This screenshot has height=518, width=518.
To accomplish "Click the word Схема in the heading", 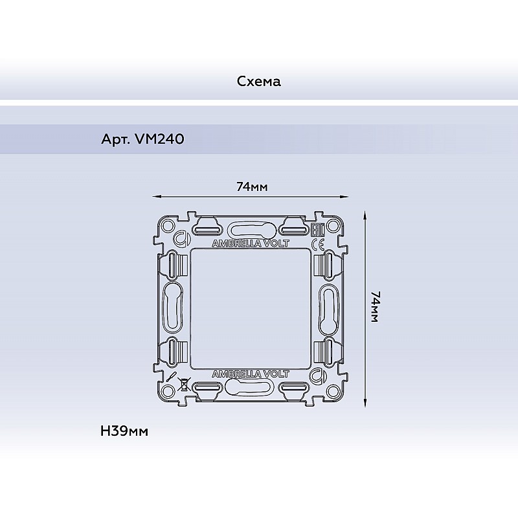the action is click(x=258, y=82).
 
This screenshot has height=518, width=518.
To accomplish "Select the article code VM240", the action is click(x=159, y=139).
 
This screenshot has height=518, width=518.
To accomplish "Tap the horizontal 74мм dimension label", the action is click(x=252, y=187).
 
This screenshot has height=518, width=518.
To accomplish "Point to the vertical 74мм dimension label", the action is click(x=376, y=306).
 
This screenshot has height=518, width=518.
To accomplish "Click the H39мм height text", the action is click(x=124, y=431).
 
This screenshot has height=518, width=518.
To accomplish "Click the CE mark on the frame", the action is click(x=318, y=245).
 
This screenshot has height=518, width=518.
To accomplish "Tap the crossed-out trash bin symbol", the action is click(x=183, y=384).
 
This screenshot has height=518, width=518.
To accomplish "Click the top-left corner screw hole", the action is click(x=168, y=226).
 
